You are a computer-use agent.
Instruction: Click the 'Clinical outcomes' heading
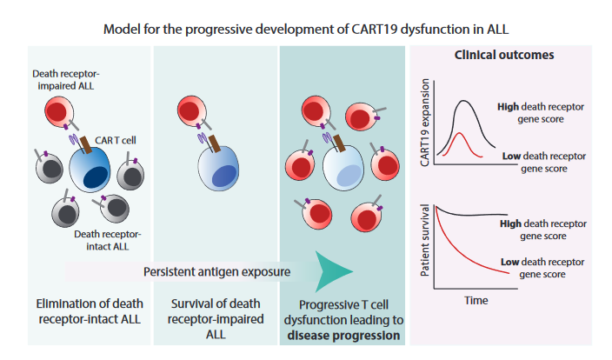pyautogui.click(x=504, y=55)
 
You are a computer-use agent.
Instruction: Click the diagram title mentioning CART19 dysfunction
pyautogui.click(x=306, y=29)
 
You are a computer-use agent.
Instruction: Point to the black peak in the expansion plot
pyautogui.click(x=467, y=103)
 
